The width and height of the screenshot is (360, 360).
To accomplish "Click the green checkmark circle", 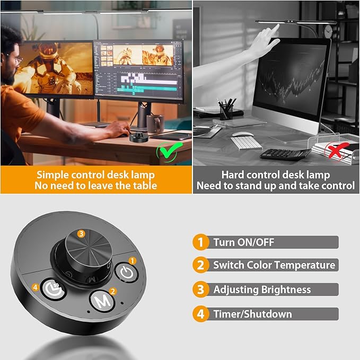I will point(168,153).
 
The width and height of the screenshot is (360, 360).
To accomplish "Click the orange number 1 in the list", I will point(200,242).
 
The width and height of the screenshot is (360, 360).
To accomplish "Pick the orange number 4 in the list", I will point(200,314).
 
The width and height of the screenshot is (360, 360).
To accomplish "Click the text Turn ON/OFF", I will point(243,242).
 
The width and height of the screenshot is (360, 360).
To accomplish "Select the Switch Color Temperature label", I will point(274,265).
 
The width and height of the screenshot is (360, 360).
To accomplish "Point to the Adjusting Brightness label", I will point(262,289).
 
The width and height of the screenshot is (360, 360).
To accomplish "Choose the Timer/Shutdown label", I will point(252,314).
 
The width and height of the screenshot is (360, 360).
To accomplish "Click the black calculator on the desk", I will point(285,154).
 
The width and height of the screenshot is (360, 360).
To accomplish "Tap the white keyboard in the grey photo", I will point(246,143).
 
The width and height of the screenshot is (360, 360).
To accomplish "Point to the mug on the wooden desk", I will point(154,124).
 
